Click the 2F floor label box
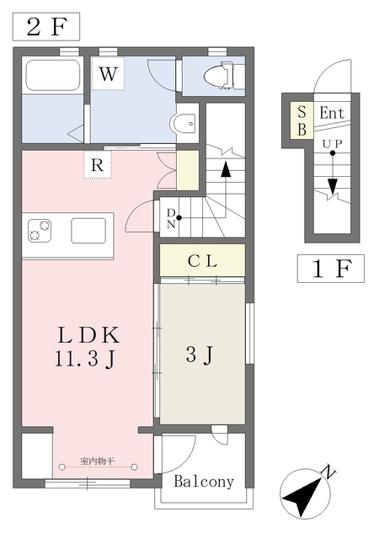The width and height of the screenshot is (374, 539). [x=45, y=26]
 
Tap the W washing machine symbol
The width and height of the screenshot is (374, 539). [x=107, y=74]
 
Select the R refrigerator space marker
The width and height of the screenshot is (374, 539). [x=98, y=165]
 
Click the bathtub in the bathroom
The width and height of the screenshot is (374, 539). [x=52, y=77]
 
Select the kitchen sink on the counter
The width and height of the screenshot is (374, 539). [x=88, y=230]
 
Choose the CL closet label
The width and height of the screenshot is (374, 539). [x=202, y=261]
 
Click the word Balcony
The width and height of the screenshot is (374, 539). [x=204, y=482]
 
